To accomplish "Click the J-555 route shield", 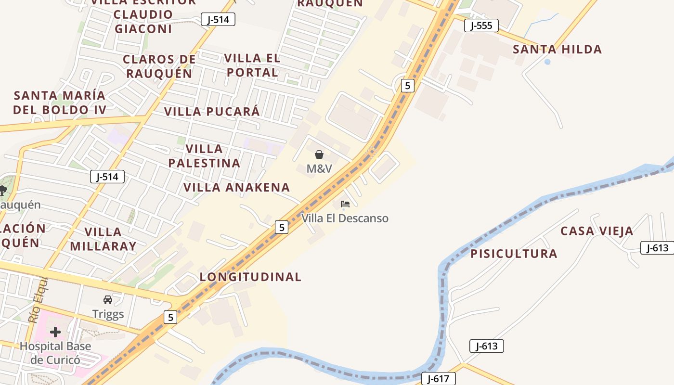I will click(x=481, y=26).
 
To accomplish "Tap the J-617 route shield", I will click(x=438, y=379).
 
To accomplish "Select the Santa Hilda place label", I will click(x=557, y=49).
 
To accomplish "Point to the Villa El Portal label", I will click(x=252, y=65).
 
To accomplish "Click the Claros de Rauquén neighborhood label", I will click(x=159, y=66).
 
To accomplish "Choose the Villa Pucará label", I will click(x=212, y=112).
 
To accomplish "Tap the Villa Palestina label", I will click(x=204, y=156).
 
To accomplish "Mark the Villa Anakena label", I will click(x=236, y=187).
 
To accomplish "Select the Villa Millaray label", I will click(x=103, y=239).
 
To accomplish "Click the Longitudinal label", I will click(x=250, y=277).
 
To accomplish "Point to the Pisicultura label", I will click(x=514, y=254).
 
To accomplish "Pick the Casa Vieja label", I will click(x=596, y=231).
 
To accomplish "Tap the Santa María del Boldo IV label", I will click(x=60, y=103).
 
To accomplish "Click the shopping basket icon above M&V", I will click(x=319, y=154).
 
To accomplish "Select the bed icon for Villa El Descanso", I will click(x=345, y=204).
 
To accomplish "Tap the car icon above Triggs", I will click(x=108, y=300).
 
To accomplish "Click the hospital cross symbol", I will click(x=55, y=332).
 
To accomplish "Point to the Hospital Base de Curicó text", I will click(x=55, y=353).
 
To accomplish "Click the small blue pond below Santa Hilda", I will click(x=547, y=62).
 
